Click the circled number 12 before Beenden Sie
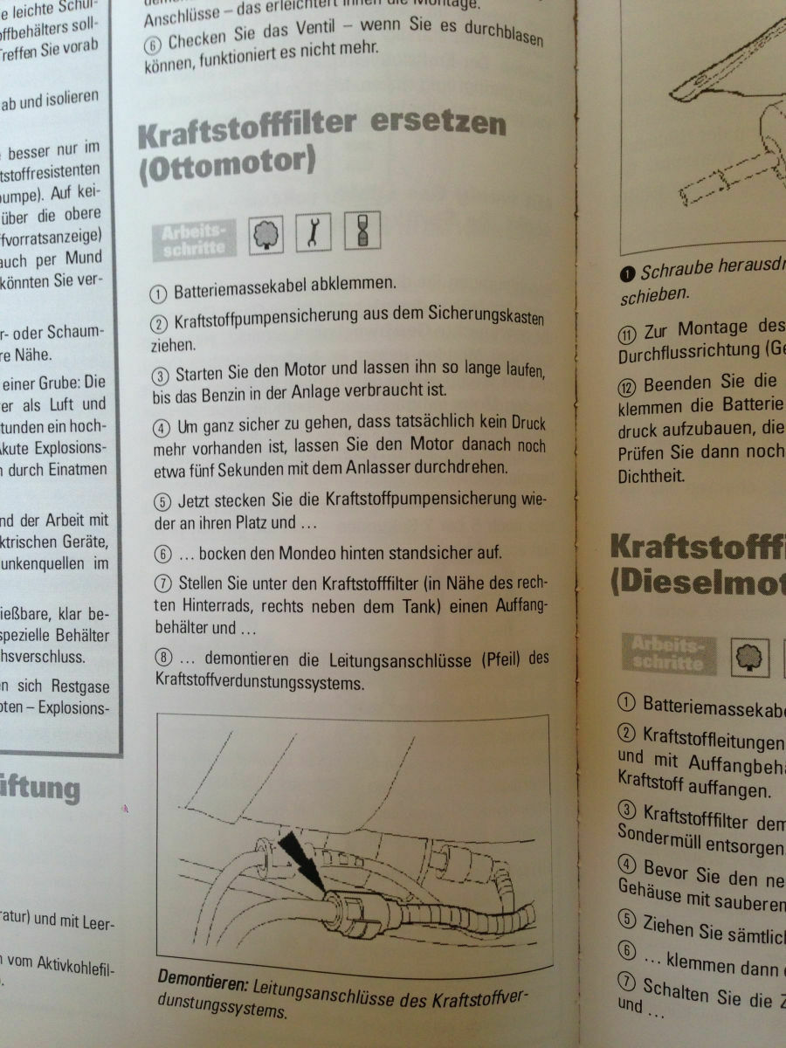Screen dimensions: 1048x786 click(628, 385)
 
